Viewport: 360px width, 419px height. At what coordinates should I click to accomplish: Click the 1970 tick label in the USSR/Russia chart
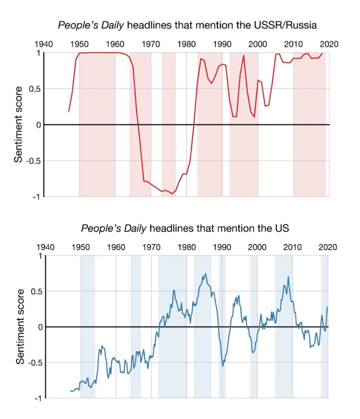tap(151, 44)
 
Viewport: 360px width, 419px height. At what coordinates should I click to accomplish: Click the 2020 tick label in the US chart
tap(328, 247)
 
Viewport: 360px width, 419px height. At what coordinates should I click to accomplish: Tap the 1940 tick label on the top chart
tap(44, 44)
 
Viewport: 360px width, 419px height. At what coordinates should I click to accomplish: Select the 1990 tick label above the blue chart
tap(222, 247)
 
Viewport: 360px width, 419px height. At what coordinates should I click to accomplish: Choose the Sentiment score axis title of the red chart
tap(19, 124)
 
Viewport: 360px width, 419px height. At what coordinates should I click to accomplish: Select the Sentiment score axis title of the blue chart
tap(20, 326)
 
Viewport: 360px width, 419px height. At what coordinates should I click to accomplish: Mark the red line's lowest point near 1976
tap(172, 194)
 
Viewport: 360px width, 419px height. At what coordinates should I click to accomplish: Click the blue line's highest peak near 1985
tap(205, 274)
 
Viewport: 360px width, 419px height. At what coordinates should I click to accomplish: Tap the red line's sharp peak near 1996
tap(244, 55)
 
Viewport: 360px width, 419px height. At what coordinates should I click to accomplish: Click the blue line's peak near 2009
tap(288, 277)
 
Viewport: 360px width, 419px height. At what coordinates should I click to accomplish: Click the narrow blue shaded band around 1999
tap(254, 295)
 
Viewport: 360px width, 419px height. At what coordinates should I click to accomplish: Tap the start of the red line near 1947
tap(69, 111)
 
